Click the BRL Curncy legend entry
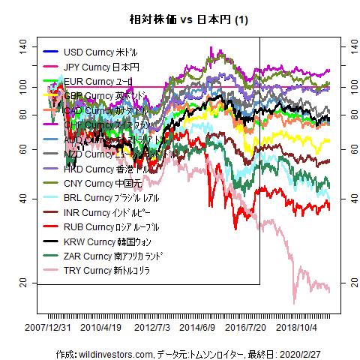(102, 198)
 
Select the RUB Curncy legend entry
(101, 226)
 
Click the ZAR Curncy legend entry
(104, 256)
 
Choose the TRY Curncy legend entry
(101, 270)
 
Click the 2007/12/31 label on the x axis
(49, 328)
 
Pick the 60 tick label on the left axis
(23, 149)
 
